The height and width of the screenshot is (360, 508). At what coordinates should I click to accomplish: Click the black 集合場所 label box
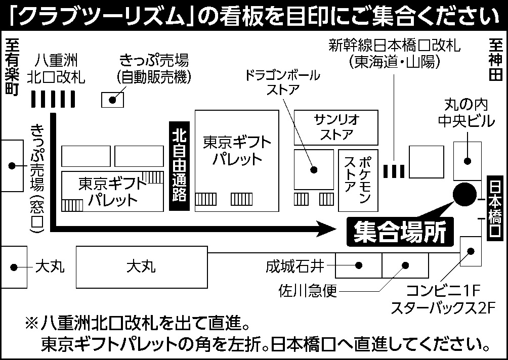(x=400, y=232)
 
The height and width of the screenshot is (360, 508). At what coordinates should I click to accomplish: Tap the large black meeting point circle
(x=464, y=194)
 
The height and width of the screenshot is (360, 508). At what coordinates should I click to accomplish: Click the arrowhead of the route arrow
(x=326, y=229)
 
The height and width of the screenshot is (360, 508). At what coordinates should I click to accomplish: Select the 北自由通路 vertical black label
(x=179, y=166)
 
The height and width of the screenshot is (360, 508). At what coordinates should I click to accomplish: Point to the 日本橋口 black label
(x=495, y=208)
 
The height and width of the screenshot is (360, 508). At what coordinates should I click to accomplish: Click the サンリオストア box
(x=336, y=127)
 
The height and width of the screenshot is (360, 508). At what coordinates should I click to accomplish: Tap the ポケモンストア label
(x=358, y=180)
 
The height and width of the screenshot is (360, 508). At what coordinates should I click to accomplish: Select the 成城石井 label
(x=295, y=266)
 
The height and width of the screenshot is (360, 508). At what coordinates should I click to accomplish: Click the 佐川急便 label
(x=308, y=291)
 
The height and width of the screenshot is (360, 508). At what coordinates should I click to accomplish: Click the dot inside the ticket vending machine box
(x=112, y=100)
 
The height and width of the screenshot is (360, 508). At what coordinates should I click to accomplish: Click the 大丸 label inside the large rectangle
(x=141, y=267)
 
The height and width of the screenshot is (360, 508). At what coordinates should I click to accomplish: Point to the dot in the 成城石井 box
(x=358, y=265)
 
